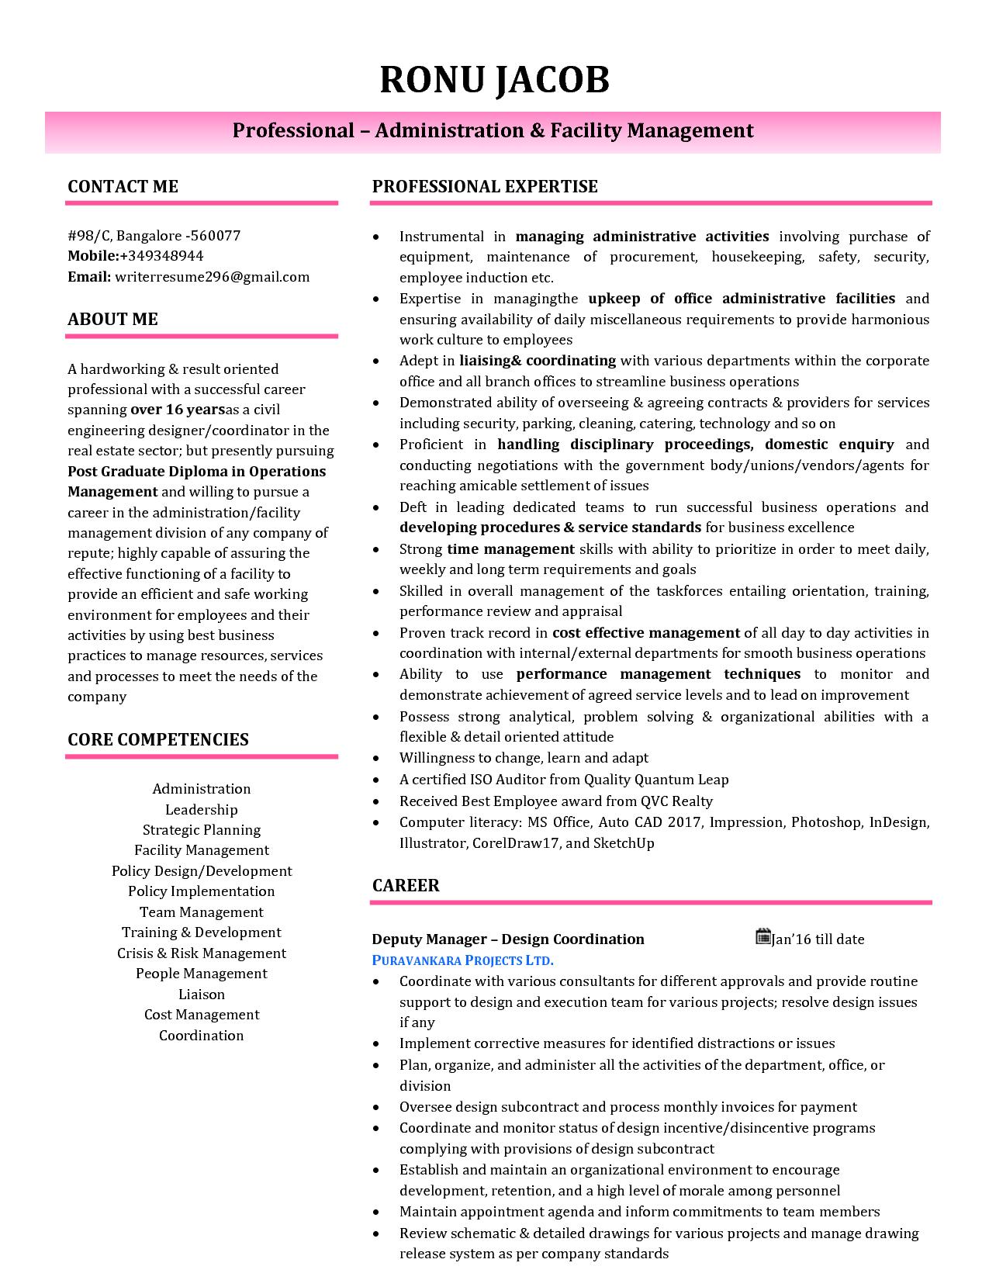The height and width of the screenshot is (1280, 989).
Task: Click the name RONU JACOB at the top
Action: coord(494,80)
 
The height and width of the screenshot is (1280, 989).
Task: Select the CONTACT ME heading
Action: coord(123,186)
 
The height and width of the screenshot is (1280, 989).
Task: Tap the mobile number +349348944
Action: coord(161,256)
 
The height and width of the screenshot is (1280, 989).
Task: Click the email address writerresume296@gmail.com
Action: coord(212,277)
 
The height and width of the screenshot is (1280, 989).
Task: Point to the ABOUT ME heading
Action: coord(112,320)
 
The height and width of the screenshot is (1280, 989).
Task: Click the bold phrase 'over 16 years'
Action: coord(178,410)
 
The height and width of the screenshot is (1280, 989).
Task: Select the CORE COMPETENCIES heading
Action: coord(158,739)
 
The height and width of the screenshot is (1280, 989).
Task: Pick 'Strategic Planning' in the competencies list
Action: coord(202,830)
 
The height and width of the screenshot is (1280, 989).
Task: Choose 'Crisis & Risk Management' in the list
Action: coord(202,953)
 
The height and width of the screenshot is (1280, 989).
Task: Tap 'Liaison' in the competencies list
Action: coord(202,995)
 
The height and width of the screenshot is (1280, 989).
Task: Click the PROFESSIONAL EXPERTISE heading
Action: coord(485,186)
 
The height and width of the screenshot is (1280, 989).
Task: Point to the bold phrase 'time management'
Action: coord(510,549)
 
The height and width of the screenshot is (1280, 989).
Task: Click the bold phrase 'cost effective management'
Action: coord(646,633)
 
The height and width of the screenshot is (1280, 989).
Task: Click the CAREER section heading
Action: coord(406,886)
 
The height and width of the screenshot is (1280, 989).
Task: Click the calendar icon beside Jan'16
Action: coord(762,937)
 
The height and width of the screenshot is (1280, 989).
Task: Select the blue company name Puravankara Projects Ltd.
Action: coord(463,960)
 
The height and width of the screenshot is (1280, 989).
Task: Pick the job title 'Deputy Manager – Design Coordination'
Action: coord(508,939)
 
